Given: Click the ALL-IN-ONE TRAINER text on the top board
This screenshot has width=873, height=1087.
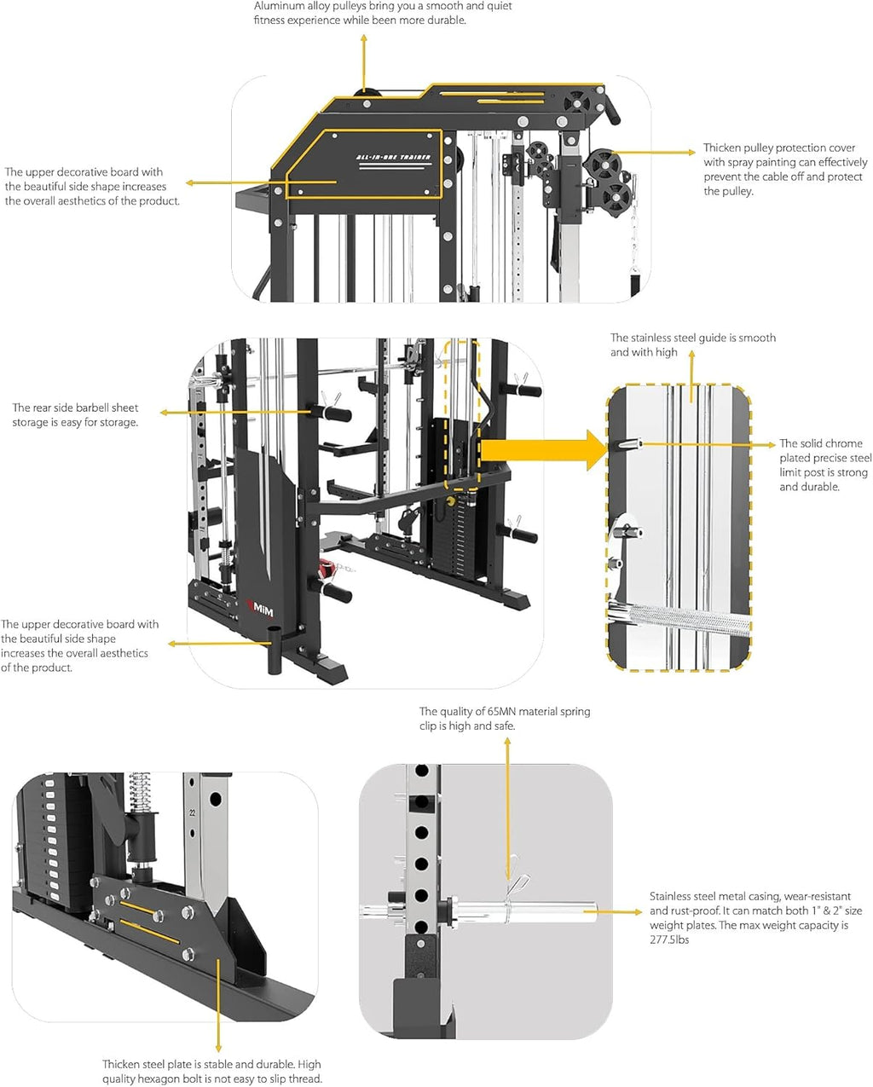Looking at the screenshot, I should pyautogui.click(x=393, y=158).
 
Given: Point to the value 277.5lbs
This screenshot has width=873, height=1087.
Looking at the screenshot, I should pyautogui.click(x=669, y=940).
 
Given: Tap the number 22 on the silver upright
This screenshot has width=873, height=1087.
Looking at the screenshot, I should pyautogui.click(x=193, y=812).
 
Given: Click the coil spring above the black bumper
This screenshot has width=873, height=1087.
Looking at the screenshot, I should pyautogui.click(x=140, y=792).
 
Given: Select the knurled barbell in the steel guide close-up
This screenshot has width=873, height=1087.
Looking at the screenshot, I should pyautogui.click(x=682, y=618).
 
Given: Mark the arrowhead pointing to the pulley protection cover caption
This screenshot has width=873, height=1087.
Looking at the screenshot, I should pyautogui.click(x=691, y=153).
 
